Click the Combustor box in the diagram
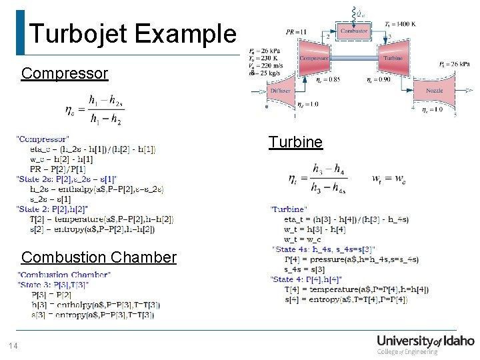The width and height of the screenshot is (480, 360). (354, 31)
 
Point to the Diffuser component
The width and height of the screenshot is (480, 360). (281, 91)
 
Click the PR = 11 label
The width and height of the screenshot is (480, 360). (296, 31)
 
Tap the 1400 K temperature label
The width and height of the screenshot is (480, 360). (400, 24)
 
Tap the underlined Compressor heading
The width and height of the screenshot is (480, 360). (64, 73)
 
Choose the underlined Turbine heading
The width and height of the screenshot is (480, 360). (295, 142)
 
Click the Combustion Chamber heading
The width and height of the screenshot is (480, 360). (99, 257)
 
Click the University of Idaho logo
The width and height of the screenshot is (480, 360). (425, 345)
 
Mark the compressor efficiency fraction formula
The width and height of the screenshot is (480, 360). (95, 110)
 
